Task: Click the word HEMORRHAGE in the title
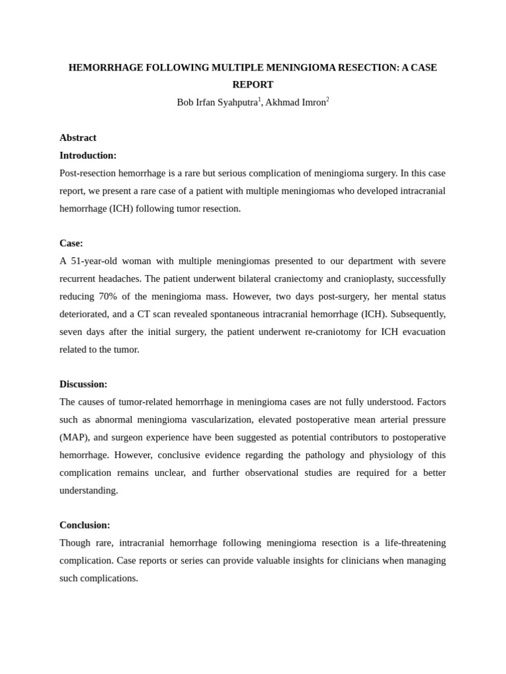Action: coord(101,68)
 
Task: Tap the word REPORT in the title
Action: coord(252,85)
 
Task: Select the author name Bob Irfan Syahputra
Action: coord(217,103)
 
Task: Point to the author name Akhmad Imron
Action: coord(295,103)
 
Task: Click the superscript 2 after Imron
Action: coord(327,100)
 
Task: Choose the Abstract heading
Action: coord(78,138)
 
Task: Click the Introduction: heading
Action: coord(88,155)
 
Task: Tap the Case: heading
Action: coord(71,244)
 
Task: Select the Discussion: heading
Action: coord(83,384)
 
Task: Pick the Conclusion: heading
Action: coord(84,525)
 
